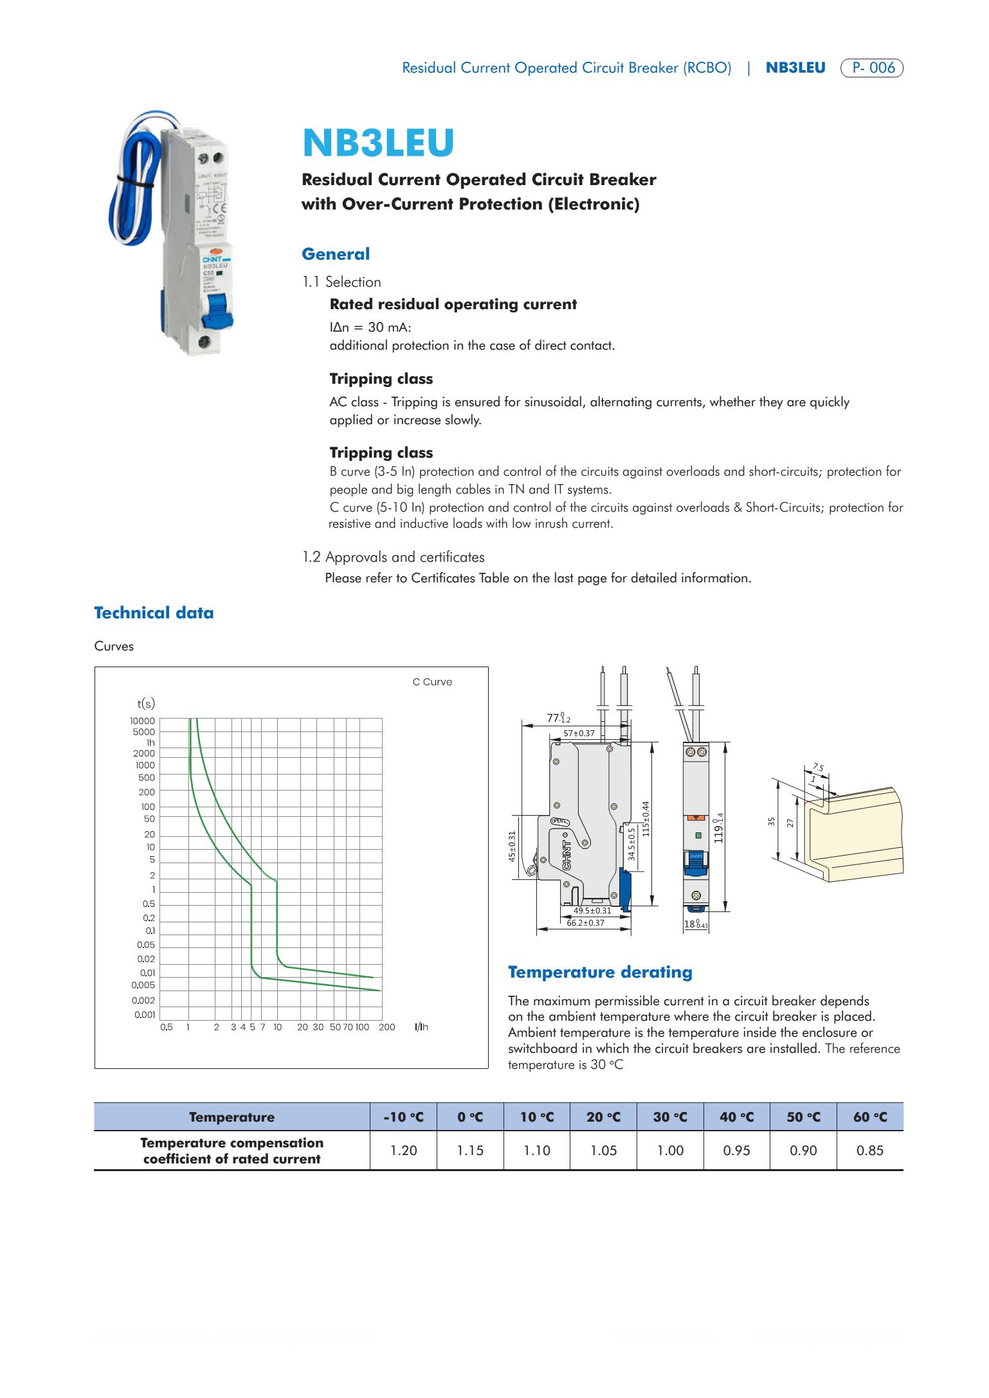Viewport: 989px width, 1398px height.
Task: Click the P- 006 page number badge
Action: click(872, 67)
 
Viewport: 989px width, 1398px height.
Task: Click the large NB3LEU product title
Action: click(378, 143)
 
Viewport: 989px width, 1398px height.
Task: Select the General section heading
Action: click(336, 254)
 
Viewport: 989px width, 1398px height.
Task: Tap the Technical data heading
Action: click(154, 613)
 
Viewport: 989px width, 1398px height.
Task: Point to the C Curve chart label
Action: click(432, 682)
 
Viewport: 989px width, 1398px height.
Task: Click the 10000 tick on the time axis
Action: click(142, 721)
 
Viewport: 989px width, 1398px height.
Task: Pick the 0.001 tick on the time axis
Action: click(145, 1015)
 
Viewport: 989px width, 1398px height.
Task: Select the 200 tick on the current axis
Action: click(386, 1027)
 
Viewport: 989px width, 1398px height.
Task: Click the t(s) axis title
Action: click(146, 703)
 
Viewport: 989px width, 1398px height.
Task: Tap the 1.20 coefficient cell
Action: click(404, 1151)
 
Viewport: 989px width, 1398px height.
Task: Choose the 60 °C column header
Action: click(870, 1117)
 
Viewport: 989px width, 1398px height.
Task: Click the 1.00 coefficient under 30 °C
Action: click(670, 1151)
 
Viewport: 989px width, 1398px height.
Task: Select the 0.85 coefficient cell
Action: click(870, 1151)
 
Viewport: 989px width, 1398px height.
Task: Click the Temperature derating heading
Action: click(600, 972)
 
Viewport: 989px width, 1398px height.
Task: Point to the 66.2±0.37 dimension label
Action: click(585, 923)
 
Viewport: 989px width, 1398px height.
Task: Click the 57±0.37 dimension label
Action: click(579, 733)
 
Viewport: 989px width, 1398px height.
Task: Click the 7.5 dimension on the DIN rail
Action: click(818, 767)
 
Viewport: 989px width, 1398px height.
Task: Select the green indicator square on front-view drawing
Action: click(697, 836)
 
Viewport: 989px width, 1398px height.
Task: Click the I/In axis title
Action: click(421, 1027)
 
